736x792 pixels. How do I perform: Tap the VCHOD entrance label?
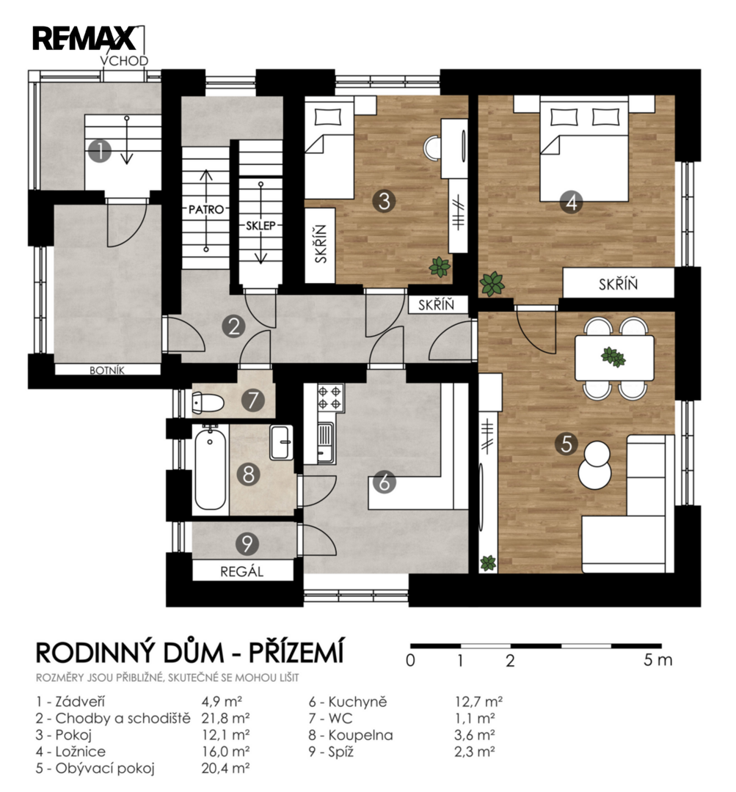124,61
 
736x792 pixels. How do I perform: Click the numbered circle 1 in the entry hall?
100,150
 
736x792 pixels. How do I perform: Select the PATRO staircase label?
206,209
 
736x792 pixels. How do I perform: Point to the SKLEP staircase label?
260,226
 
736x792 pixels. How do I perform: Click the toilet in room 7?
208,403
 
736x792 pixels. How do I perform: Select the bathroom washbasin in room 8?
281,442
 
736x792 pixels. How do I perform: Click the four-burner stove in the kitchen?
331,397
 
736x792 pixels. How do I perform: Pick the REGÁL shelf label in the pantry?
242,571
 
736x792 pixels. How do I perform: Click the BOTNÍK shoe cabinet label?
107,370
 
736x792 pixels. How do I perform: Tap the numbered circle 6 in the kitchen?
385,483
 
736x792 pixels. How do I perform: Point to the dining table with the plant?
614,358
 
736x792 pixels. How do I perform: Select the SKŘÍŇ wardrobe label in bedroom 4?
618,284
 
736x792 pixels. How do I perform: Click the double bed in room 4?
584,149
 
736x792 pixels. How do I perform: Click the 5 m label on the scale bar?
657,660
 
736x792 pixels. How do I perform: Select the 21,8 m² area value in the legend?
225,718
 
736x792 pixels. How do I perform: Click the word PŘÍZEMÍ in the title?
296,652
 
